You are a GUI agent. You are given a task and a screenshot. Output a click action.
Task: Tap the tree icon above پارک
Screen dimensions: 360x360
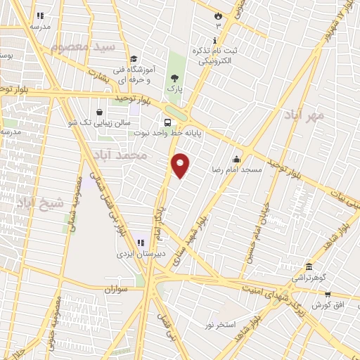click(174, 78)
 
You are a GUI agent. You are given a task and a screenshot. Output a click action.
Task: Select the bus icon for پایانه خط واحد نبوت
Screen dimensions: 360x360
click(167, 120)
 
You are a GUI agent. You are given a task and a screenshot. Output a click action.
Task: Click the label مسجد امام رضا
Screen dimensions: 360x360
click(237, 170)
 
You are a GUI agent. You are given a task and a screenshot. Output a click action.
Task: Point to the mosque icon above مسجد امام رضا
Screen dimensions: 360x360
click(237, 159)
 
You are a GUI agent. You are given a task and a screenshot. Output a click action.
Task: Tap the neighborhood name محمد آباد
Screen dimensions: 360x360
click(124, 154)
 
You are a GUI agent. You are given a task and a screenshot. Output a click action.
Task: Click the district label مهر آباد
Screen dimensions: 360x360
click(304, 114)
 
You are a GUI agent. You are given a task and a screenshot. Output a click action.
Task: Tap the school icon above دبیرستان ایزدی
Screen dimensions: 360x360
click(141, 243)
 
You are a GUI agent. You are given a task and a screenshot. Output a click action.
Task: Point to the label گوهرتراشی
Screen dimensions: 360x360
click(309, 277)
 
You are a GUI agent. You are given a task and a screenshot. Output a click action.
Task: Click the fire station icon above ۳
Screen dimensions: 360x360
click(218, 15)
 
